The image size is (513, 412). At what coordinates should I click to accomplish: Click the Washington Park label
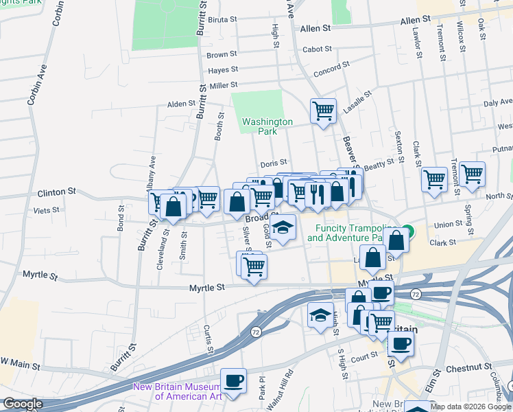pyautogui.click(x=267, y=126)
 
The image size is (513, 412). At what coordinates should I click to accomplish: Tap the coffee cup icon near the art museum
pyautogui.click(x=233, y=381)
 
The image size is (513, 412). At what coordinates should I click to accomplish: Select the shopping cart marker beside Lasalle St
pyautogui.click(x=323, y=111)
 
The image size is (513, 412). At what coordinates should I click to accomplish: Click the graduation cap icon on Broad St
pyautogui.click(x=283, y=227)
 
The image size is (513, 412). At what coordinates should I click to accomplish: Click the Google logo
pyautogui.click(x=23, y=404)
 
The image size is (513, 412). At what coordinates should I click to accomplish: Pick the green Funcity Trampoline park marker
pyautogui.click(x=409, y=231)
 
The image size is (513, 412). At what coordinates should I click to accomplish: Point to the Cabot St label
pyautogui.click(x=317, y=49)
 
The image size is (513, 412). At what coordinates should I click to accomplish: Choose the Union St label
pyautogui.click(x=449, y=224)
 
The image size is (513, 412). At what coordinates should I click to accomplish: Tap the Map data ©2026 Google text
pyautogui.click(x=470, y=407)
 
